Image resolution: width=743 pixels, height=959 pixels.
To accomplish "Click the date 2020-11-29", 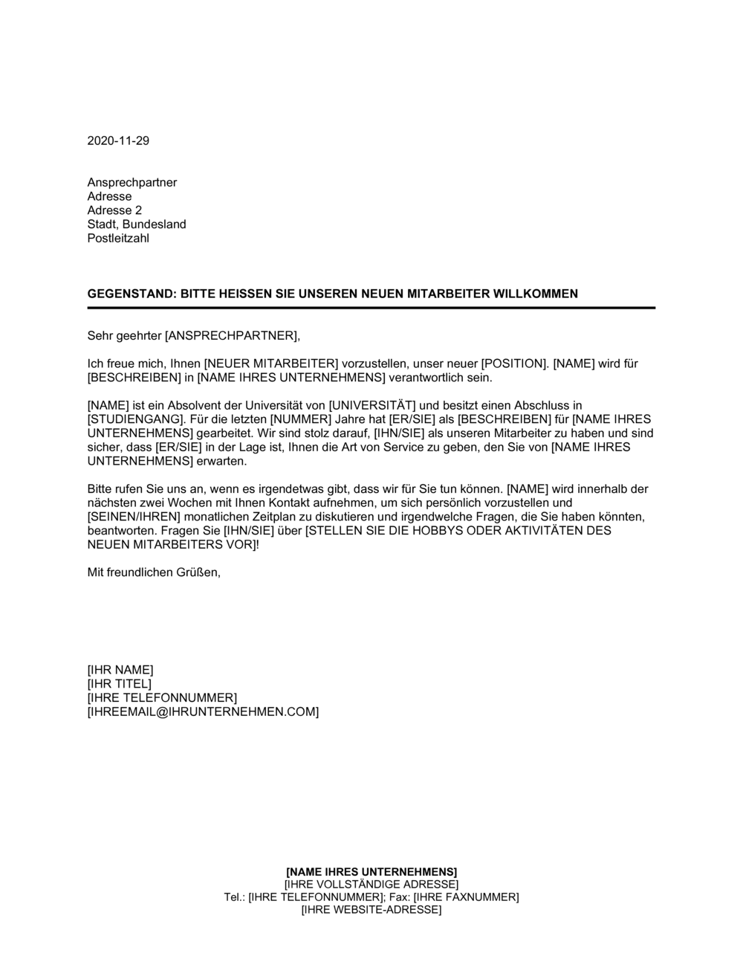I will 118,141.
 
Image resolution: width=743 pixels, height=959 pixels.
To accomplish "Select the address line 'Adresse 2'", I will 114,210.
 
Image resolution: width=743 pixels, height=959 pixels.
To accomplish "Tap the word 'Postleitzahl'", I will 118,239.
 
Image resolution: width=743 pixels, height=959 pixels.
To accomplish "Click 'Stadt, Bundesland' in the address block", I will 137,225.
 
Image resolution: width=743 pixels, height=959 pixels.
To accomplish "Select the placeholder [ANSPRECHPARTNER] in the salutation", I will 231,335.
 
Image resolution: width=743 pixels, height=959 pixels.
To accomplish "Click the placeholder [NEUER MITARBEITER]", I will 271,364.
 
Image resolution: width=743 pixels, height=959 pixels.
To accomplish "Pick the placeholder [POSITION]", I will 513,364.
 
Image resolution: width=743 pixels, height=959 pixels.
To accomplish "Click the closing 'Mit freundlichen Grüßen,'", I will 154,572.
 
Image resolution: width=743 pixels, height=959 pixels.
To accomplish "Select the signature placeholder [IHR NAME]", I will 120,670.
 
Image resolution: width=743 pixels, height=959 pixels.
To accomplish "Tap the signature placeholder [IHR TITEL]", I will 119,684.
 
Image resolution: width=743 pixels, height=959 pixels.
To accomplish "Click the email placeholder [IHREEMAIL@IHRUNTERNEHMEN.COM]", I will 203,712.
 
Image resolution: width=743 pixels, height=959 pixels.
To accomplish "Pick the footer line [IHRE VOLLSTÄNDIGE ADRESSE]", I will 371,885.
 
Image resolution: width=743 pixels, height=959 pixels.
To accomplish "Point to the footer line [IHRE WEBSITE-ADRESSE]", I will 371,910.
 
